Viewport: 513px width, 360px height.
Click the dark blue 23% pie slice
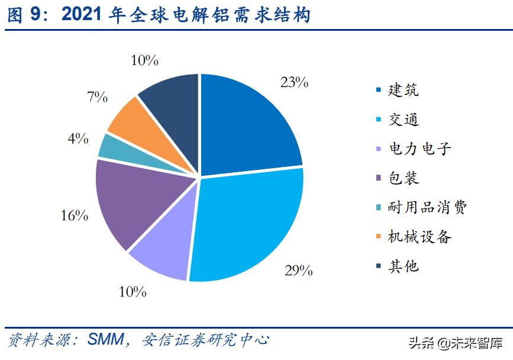click(246, 127)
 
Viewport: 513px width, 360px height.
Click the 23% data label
click(294, 82)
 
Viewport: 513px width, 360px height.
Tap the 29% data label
click(298, 271)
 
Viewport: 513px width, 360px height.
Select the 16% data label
click(74, 216)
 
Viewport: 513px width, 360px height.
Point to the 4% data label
click(78, 139)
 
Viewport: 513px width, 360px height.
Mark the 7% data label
click(97, 97)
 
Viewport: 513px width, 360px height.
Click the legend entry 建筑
click(403, 90)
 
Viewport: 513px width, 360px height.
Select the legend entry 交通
click(403, 119)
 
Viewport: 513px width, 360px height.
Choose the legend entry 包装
click(403, 177)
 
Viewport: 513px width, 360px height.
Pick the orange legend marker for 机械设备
click(379, 237)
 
